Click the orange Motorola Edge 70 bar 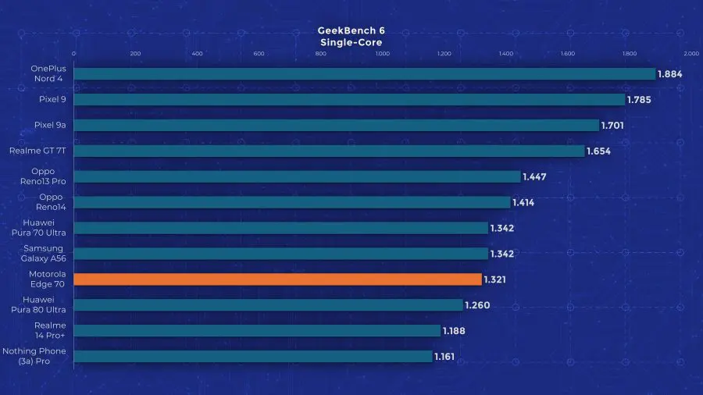pyautogui.click(x=277, y=279)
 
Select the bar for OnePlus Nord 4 pyautogui.click(x=364, y=74)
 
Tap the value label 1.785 pyautogui.click(x=639, y=100)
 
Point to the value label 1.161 pyautogui.click(x=444, y=357)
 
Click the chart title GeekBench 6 pyautogui.click(x=351, y=30)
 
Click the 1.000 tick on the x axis pyautogui.click(x=382, y=54)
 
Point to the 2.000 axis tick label pyautogui.click(x=691, y=54)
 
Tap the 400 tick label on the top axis pyautogui.click(x=197, y=54)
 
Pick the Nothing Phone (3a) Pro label pyautogui.click(x=35, y=356)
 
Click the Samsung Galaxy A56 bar pyautogui.click(x=280, y=254)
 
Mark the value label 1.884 pyautogui.click(x=670, y=74)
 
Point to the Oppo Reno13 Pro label pyautogui.click(x=48, y=176)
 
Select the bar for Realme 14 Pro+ pyautogui.click(x=257, y=331)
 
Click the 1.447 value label pyautogui.click(x=534, y=176)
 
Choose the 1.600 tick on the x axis pyautogui.click(x=567, y=54)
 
